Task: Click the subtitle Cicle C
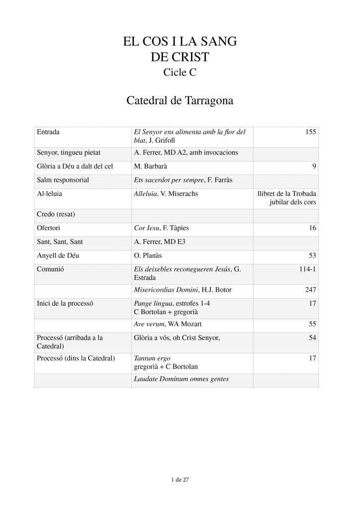tap(180, 73)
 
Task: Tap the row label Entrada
tap(49, 132)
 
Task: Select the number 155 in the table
tap(309, 132)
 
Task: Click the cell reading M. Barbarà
tap(151, 168)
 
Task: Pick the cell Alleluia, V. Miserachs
tap(166, 193)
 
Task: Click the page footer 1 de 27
tap(180, 480)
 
